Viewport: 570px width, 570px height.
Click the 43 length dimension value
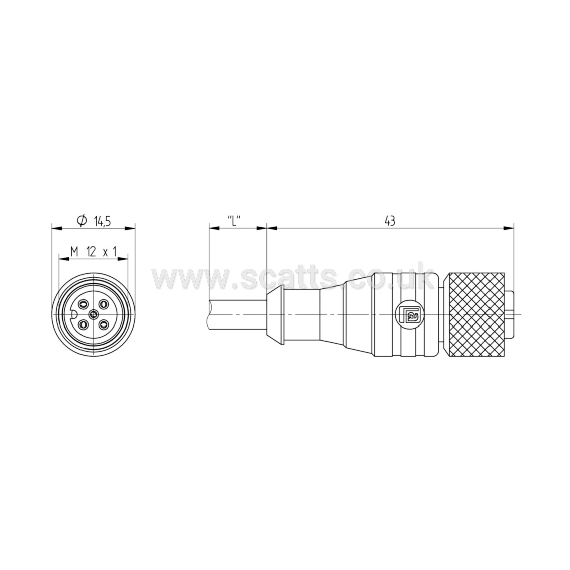pos(390,221)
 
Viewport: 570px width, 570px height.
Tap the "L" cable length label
pos(234,221)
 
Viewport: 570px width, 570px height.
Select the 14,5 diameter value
pos(102,221)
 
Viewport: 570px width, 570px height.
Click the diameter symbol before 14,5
pos(82,221)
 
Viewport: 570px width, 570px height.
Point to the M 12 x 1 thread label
pos(94,251)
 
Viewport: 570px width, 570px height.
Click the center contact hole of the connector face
pos(94,314)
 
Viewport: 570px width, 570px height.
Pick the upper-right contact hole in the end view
pos(104,304)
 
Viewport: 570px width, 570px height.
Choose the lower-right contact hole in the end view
pos(104,323)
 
